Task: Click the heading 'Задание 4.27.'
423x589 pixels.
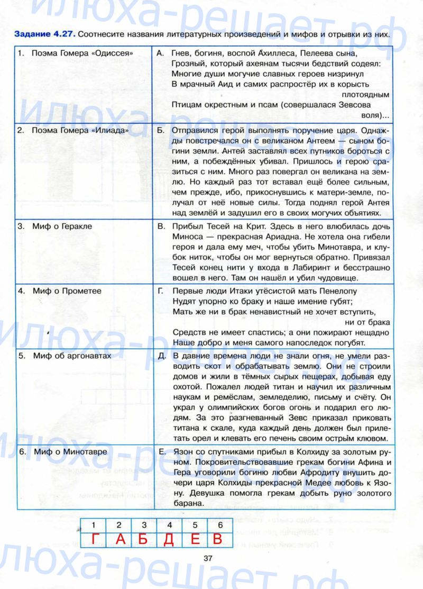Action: [45, 35]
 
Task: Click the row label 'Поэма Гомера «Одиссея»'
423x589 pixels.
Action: [82, 53]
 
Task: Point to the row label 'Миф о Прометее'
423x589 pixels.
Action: [67, 291]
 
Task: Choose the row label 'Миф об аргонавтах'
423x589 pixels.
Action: [71, 356]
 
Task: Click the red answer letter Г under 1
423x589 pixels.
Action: [94, 539]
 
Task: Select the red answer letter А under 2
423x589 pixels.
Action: [119, 539]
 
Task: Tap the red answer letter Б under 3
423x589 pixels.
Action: [144, 539]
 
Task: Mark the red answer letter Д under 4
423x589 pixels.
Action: [169, 539]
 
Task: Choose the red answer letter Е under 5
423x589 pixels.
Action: [195, 539]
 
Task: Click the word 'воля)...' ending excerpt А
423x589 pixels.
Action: [376, 114]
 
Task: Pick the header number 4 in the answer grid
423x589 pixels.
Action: [169, 525]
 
